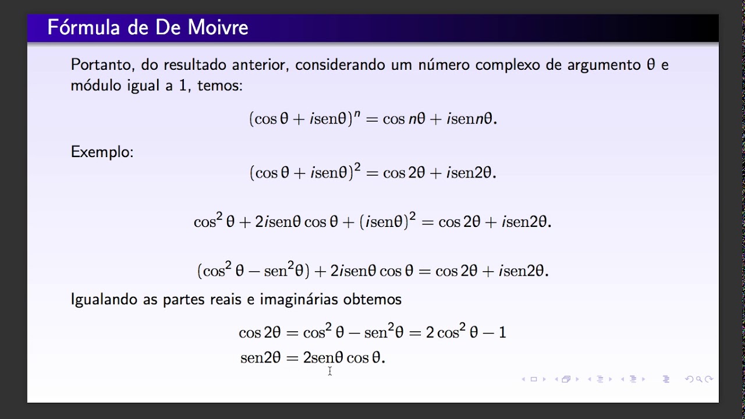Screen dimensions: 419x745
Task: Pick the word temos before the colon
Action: (x=218, y=86)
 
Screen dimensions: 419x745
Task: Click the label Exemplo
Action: (x=102, y=152)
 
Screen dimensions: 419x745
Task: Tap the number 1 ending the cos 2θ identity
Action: (x=502, y=333)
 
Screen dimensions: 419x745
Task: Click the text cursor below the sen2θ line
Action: (x=329, y=371)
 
